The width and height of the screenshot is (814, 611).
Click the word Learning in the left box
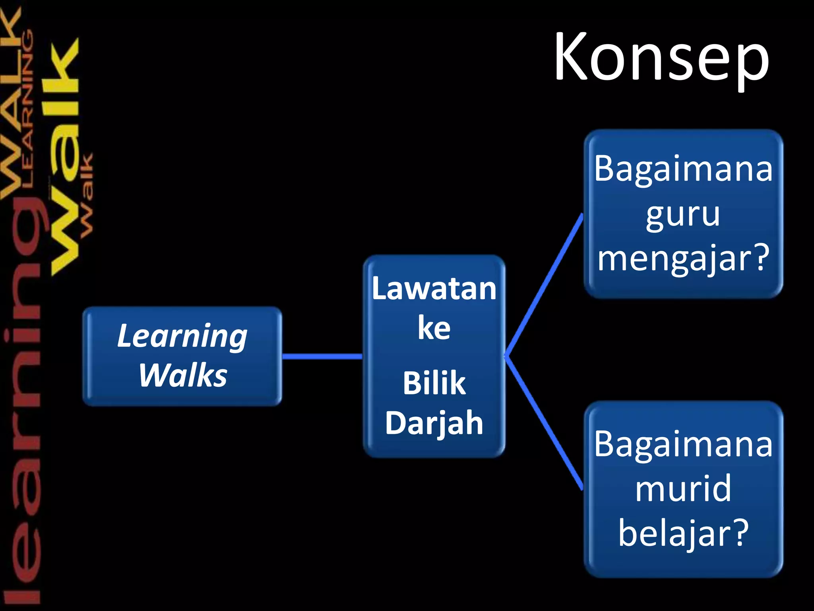pyautogui.click(x=182, y=337)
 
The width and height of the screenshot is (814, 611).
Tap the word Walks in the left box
pyautogui.click(x=183, y=375)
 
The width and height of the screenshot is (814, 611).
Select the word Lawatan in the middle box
pyautogui.click(x=434, y=289)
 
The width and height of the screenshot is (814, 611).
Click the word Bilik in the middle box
pyautogui.click(x=434, y=383)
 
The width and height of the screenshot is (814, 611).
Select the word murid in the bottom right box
pyautogui.click(x=683, y=488)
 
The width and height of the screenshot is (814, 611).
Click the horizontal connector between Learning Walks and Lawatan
pyautogui.click(x=322, y=356)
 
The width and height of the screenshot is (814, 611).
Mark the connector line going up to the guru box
pyautogui.click(x=544, y=286)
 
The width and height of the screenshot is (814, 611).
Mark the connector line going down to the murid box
pyautogui.click(x=544, y=422)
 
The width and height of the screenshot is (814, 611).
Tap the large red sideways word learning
pyautogui.click(x=22, y=398)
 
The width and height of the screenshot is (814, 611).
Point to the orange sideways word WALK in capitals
pyautogui.click(x=11, y=103)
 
